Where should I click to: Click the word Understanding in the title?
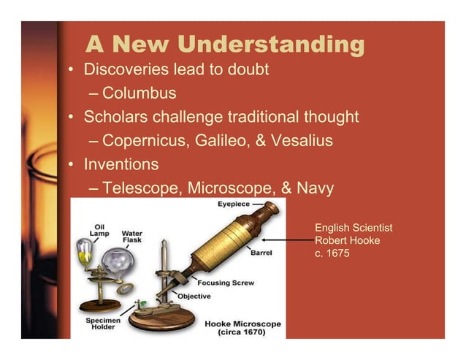pyautogui.click(x=271, y=45)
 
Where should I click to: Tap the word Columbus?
pyautogui.click(x=139, y=93)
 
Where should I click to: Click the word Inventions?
pyautogui.click(x=121, y=164)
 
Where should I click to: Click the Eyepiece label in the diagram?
pyautogui.click(x=233, y=204)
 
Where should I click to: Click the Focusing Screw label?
pyautogui.click(x=226, y=282)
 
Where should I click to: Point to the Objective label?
pyautogui.click(x=195, y=296)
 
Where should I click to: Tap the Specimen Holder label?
pyautogui.click(x=98, y=324)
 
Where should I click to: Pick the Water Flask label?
pyautogui.click(x=132, y=237)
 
